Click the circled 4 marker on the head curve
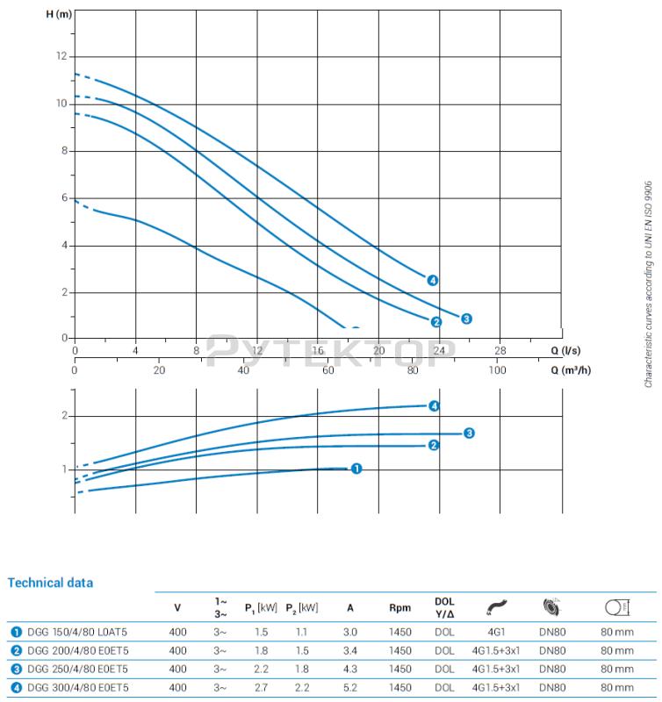click(433, 281)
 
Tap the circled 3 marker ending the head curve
click(466, 319)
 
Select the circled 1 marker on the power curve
click(356, 469)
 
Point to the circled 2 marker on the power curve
click(434, 445)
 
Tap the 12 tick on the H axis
click(61, 56)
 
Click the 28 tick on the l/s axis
click(501, 350)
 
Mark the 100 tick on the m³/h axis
click(498, 369)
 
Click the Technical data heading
click(50, 583)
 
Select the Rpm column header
click(399, 607)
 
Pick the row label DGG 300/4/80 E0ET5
click(70, 687)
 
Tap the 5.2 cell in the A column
click(350, 687)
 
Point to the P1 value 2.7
click(260, 687)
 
